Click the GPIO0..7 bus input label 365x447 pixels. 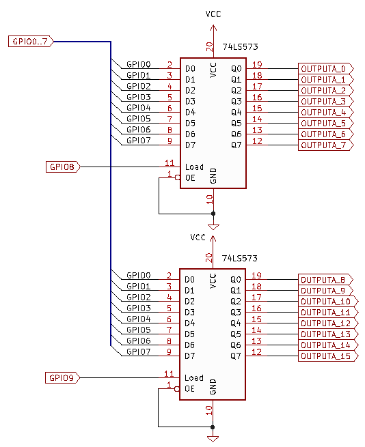[x=31, y=42]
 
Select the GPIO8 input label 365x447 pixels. [x=63, y=167]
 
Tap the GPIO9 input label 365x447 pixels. [x=62, y=377]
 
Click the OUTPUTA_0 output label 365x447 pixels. [x=326, y=69]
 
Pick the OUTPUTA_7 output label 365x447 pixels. [x=326, y=145]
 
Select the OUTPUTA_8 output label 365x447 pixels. [x=325, y=280]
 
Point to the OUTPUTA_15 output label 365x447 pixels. [x=328, y=356]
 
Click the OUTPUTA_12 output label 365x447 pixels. [x=328, y=323]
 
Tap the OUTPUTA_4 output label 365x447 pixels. [x=326, y=113]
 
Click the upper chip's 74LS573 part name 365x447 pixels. [x=240, y=47]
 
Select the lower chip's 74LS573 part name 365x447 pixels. [x=240, y=258]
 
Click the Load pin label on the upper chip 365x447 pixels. [x=194, y=167]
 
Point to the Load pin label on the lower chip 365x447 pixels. [x=194, y=377]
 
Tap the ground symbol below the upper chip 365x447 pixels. [x=213, y=227]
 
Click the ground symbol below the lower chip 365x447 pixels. [x=213, y=438]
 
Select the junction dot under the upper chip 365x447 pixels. [x=213, y=214]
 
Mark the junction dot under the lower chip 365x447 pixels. [x=213, y=427]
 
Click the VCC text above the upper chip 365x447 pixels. [x=213, y=14]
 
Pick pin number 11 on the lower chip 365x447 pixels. [x=169, y=373]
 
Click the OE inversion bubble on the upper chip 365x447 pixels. [x=177, y=177]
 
